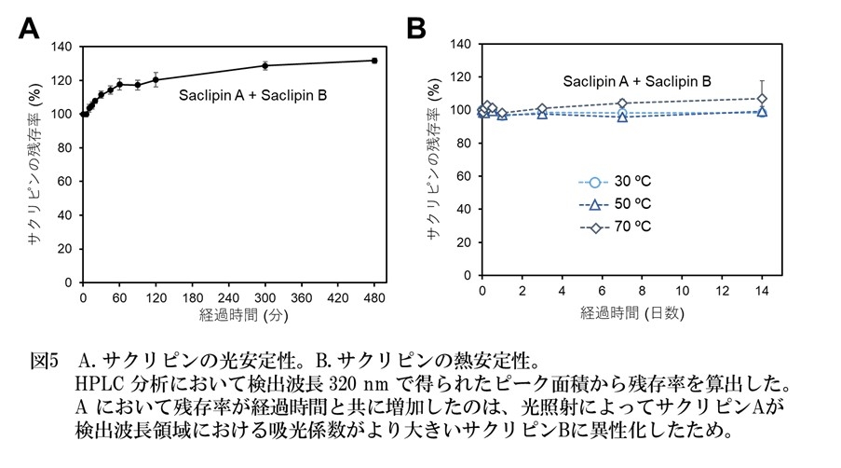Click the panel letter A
pyautogui.click(x=30, y=29)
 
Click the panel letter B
pyautogui.click(x=416, y=29)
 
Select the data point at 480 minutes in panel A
pyautogui.click(x=373, y=61)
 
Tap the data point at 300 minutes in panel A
pyautogui.click(x=265, y=65)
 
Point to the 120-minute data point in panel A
pyautogui.click(x=156, y=79)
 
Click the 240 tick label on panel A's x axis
pyautogui.click(x=228, y=297)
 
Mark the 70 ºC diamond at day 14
pyautogui.click(x=762, y=99)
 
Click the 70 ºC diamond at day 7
pyautogui.click(x=622, y=103)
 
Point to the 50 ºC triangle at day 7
pyautogui.click(x=622, y=117)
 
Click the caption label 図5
pyautogui.click(x=44, y=359)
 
